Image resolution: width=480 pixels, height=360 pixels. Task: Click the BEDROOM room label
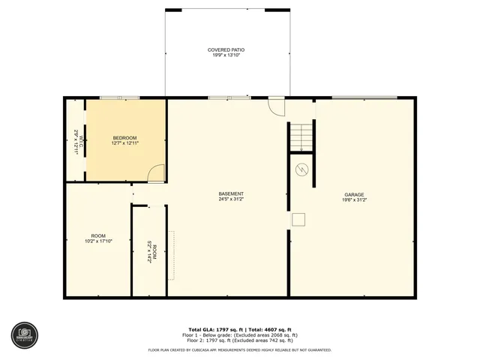click(124, 137)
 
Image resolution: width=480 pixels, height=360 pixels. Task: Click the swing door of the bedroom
click(156, 174)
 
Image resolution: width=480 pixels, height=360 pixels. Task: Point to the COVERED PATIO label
click(226, 50)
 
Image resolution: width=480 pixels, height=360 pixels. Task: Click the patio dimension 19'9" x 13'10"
click(226, 55)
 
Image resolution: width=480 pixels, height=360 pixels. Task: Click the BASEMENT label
click(231, 193)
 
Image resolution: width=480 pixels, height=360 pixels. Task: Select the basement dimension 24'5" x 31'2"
click(231, 199)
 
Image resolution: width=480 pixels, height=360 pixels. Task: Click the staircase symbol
click(301, 138)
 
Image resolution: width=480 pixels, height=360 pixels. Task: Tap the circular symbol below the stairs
click(302, 169)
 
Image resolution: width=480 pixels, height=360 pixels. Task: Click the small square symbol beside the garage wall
click(298, 219)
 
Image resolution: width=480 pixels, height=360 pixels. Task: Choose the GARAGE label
click(354, 194)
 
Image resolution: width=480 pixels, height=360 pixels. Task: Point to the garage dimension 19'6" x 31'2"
click(354, 199)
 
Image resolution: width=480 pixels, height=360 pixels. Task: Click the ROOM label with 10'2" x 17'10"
click(99, 236)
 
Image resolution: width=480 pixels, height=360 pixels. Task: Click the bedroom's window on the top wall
click(119, 97)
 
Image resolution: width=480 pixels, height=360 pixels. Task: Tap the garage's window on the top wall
click(364, 97)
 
